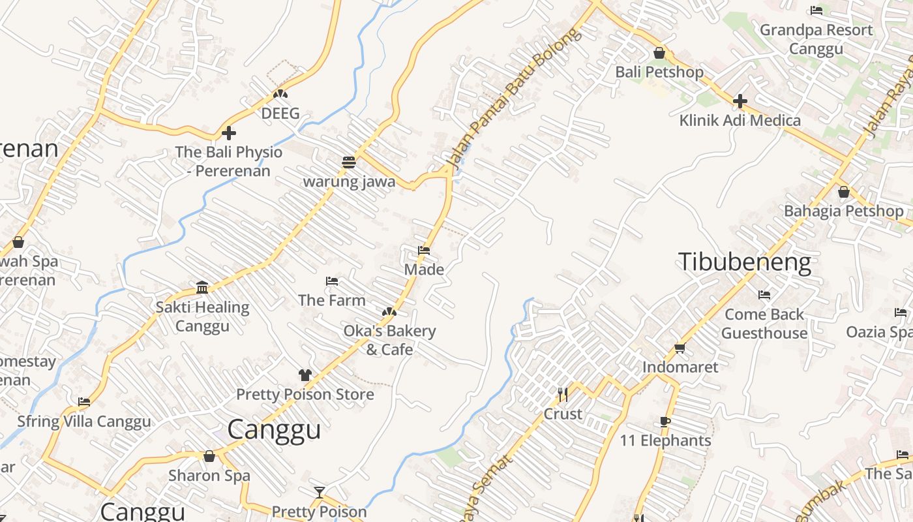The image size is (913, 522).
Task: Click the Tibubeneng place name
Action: pyautogui.click(x=745, y=262)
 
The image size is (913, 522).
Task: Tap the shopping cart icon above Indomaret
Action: pyautogui.click(x=680, y=348)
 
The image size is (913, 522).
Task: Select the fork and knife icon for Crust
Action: pyautogui.click(x=563, y=394)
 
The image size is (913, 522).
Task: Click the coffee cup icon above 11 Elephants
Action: pyautogui.click(x=665, y=422)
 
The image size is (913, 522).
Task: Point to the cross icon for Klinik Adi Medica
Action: pyautogui.click(x=740, y=101)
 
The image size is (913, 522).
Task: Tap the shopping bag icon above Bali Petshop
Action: pyautogui.click(x=659, y=53)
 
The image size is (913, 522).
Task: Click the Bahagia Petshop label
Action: pyautogui.click(x=843, y=211)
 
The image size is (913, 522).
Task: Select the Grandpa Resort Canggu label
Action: pyautogui.click(x=816, y=39)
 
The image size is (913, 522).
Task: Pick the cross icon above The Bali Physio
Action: pyautogui.click(x=228, y=133)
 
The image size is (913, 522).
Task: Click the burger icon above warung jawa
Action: pyautogui.click(x=349, y=162)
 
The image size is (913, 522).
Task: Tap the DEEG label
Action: pyautogui.click(x=280, y=114)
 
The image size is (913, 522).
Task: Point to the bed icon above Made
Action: pyautogui.click(x=424, y=251)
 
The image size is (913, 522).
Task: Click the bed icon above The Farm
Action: pyautogui.click(x=332, y=281)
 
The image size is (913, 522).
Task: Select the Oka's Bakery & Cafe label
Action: pyautogui.click(x=389, y=340)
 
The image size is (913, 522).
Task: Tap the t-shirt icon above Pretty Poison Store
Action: pyautogui.click(x=305, y=375)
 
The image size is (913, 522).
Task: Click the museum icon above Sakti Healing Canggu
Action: pyautogui.click(x=202, y=288)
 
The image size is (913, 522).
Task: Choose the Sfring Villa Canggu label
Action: pyautogui.click(x=84, y=422)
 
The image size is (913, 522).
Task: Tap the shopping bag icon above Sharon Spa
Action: pyautogui.click(x=209, y=456)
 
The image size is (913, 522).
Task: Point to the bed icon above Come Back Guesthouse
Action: pyautogui.click(x=764, y=295)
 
